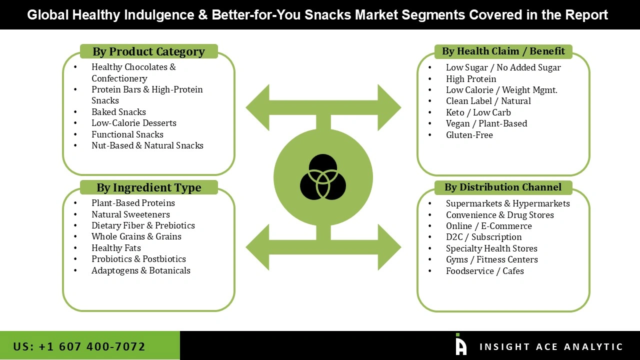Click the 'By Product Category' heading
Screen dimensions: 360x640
(148, 51)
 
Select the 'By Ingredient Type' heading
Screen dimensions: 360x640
(148, 187)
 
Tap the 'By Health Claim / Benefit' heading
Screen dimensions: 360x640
(503, 51)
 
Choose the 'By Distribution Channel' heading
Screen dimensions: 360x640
(503, 187)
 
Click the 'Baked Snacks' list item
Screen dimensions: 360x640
(118, 112)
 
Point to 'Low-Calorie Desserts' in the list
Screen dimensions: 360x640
(133, 123)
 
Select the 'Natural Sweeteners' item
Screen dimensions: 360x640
(130, 214)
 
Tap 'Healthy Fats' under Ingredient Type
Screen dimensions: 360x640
(116, 248)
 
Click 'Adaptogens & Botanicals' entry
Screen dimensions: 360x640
(140, 270)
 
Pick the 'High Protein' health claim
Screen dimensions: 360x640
(471, 79)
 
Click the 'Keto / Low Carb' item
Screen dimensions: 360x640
(478, 112)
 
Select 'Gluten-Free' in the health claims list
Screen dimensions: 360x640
(469, 135)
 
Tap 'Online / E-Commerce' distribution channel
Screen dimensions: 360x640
(488, 226)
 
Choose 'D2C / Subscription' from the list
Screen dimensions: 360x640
(483, 237)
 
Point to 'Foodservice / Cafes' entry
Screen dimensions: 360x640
(484, 271)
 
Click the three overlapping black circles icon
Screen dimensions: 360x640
(323, 177)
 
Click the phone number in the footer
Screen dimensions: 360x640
(79, 346)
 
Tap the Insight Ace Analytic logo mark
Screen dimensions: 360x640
(460, 345)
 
